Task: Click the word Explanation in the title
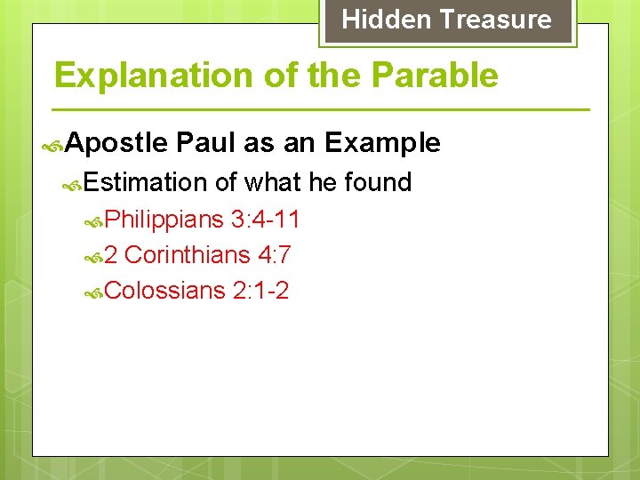155,76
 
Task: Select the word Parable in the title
435,76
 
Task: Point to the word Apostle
116,143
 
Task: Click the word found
378,182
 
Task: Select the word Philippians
164,219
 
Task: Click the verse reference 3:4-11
265,219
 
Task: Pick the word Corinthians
188,255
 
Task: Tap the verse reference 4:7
274,255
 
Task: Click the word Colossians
165,291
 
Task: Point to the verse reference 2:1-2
260,291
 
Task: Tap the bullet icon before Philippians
94,220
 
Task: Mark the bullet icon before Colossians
94,292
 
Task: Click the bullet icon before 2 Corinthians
94,257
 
